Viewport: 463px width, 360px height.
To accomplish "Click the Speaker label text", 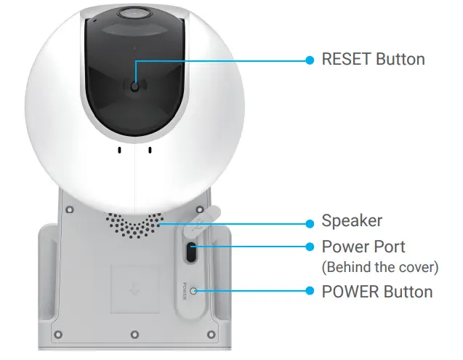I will (x=352, y=220).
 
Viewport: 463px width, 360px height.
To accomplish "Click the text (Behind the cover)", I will (x=379, y=267).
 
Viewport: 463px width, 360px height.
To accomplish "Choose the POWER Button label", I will (x=377, y=292).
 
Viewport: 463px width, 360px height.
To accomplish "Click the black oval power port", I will (x=191, y=252).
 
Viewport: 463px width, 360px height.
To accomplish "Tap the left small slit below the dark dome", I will (x=118, y=151).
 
